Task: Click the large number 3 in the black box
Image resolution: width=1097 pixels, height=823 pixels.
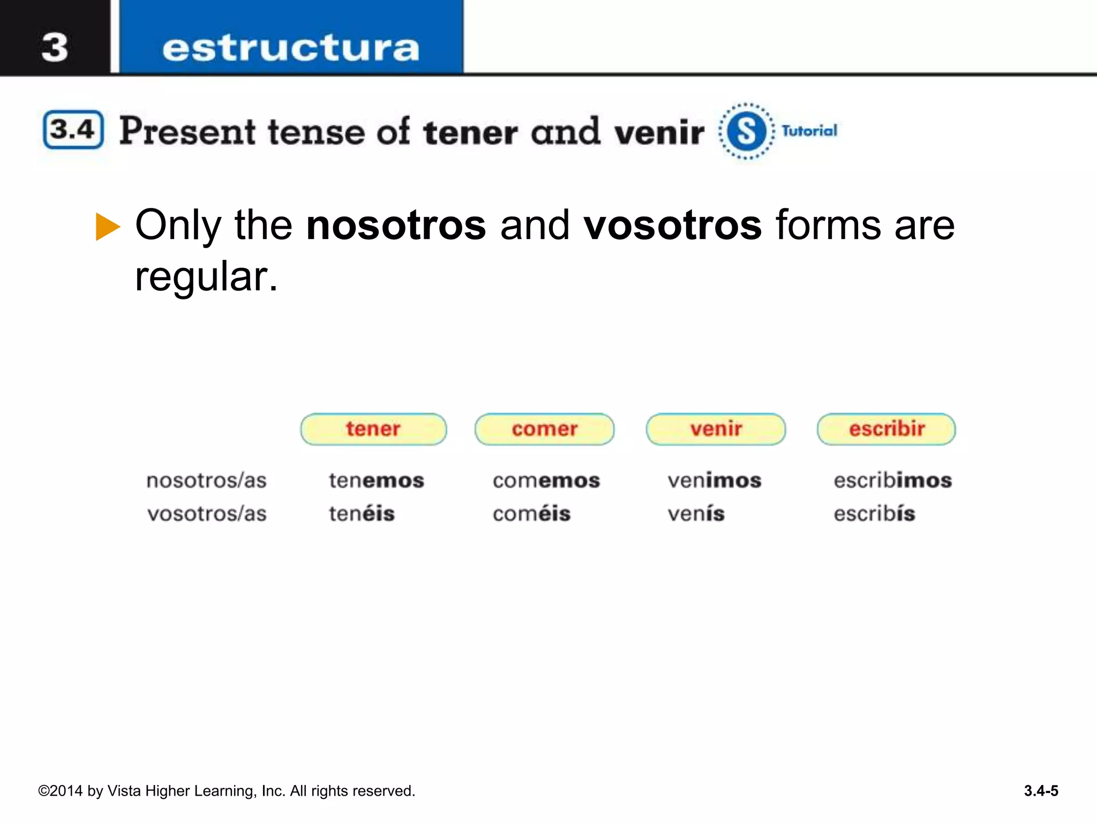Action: [55, 47]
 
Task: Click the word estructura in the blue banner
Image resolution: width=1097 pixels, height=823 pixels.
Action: [290, 48]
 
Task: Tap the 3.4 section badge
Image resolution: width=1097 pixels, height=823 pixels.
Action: [73, 130]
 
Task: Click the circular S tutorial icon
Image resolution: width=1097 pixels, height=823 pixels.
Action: [746, 131]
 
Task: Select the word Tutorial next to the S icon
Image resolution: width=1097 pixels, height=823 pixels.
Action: [809, 131]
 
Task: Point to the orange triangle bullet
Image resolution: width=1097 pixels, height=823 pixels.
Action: [108, 227]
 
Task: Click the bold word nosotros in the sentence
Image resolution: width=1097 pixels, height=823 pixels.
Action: [396, 225]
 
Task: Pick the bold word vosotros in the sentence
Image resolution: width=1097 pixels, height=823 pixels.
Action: [672, 225]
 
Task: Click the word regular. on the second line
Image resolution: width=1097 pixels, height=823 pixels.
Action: [206, 276]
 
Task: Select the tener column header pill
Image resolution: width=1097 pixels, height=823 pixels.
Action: [373, 429]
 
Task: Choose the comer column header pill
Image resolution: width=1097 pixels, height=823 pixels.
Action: [544, 429]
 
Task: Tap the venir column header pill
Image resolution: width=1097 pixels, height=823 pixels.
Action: [716, 429]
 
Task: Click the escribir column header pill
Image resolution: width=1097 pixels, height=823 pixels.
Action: [886, 429]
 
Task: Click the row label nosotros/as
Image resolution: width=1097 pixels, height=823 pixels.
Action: [206, 481]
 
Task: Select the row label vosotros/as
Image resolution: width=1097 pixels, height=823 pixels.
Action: [207, 514]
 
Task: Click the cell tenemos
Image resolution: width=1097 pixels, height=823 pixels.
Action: [376, 481]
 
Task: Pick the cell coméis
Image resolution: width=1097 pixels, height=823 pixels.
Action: [531, 514]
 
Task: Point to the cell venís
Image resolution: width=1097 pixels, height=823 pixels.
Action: [696, 514]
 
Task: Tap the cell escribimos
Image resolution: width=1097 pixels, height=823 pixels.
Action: [892, 481]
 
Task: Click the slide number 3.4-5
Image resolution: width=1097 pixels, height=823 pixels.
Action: [1041, 791]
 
